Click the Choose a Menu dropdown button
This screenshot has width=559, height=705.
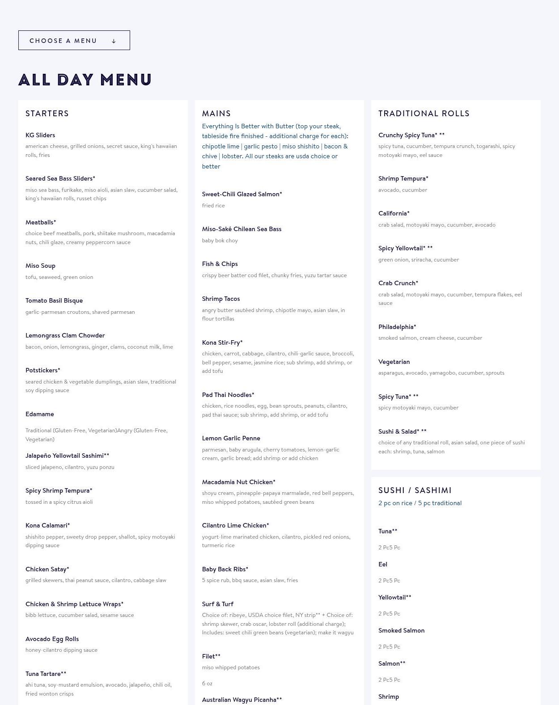74,40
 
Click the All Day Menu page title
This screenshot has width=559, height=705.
85,80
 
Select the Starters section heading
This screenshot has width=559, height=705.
47,114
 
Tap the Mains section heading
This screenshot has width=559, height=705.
216,114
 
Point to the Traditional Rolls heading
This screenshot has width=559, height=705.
424,114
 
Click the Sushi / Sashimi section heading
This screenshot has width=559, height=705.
415,490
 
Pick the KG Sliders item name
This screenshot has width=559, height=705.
40,135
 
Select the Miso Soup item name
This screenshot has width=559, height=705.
40,266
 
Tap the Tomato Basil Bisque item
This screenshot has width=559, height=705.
54,300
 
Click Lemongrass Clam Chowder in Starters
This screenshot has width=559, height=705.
65,335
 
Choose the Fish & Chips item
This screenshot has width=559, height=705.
220,264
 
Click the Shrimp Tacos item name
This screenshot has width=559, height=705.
221,299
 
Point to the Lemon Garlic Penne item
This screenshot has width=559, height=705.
231,438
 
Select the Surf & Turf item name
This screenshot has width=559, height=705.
218,604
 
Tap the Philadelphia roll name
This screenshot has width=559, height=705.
397,327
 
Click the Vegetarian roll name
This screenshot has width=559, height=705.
394,362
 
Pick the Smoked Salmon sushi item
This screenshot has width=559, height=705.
401,630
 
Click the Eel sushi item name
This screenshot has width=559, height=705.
383,564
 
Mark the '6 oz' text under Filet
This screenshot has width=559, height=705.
207,683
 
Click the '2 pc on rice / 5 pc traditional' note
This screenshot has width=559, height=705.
420,503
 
